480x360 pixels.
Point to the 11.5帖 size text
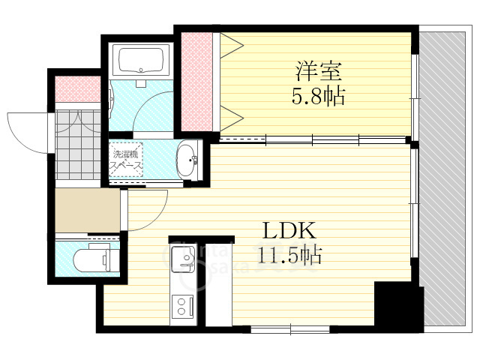(x=291, y=256)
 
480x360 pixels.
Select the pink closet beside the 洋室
(x=195, y=82)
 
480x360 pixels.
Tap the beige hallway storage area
(x=88, y=210)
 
